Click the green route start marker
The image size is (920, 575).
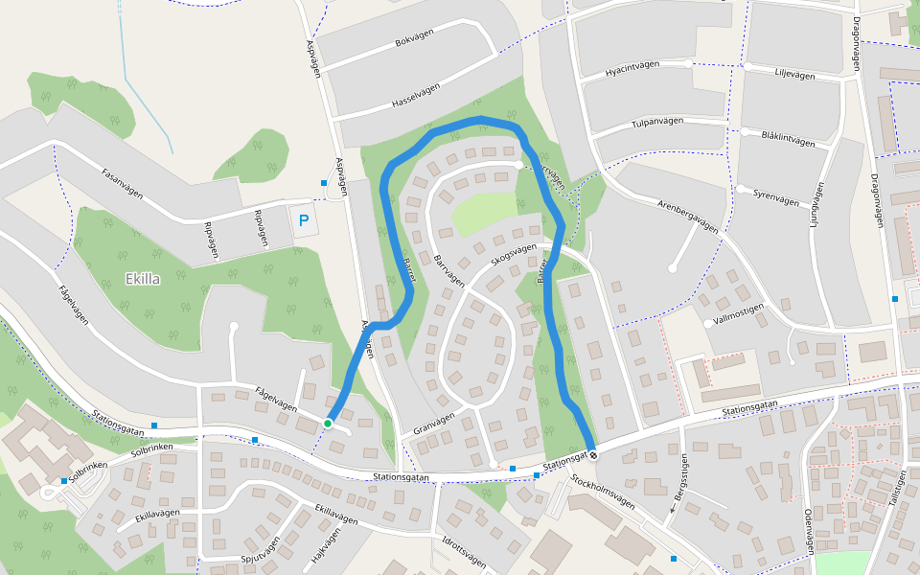pos(328,423)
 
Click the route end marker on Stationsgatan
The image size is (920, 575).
pos(592,454)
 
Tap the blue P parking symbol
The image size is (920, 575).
pos(304,220)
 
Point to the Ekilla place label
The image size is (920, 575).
pos(143,279)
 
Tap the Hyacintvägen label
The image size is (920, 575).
pos(632,70)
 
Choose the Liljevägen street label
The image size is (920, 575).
pos(794,74)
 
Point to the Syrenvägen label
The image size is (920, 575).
pos(775,197)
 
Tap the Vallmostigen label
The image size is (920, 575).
pos(739,313)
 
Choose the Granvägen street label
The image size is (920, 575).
pos(430,421)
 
